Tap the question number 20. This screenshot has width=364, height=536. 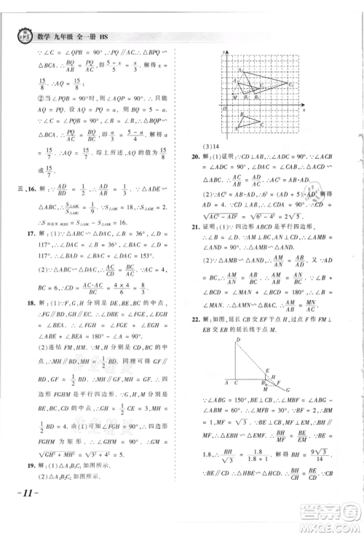coord(196,176)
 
